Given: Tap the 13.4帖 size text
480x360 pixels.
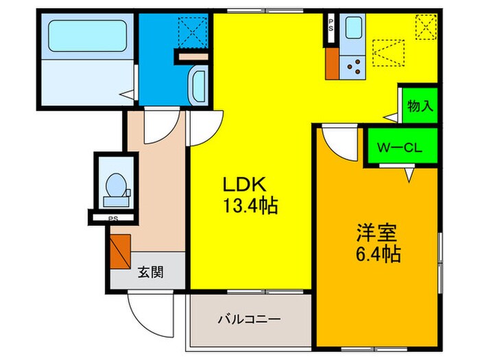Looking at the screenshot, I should click(249, 206).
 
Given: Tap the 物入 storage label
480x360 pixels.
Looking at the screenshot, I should click(419, 106).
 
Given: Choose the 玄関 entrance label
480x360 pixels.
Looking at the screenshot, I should click(149, 272).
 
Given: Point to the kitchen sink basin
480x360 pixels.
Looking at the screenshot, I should click(356, 29).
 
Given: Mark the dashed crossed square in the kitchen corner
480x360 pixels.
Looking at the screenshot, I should click(425, 27).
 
